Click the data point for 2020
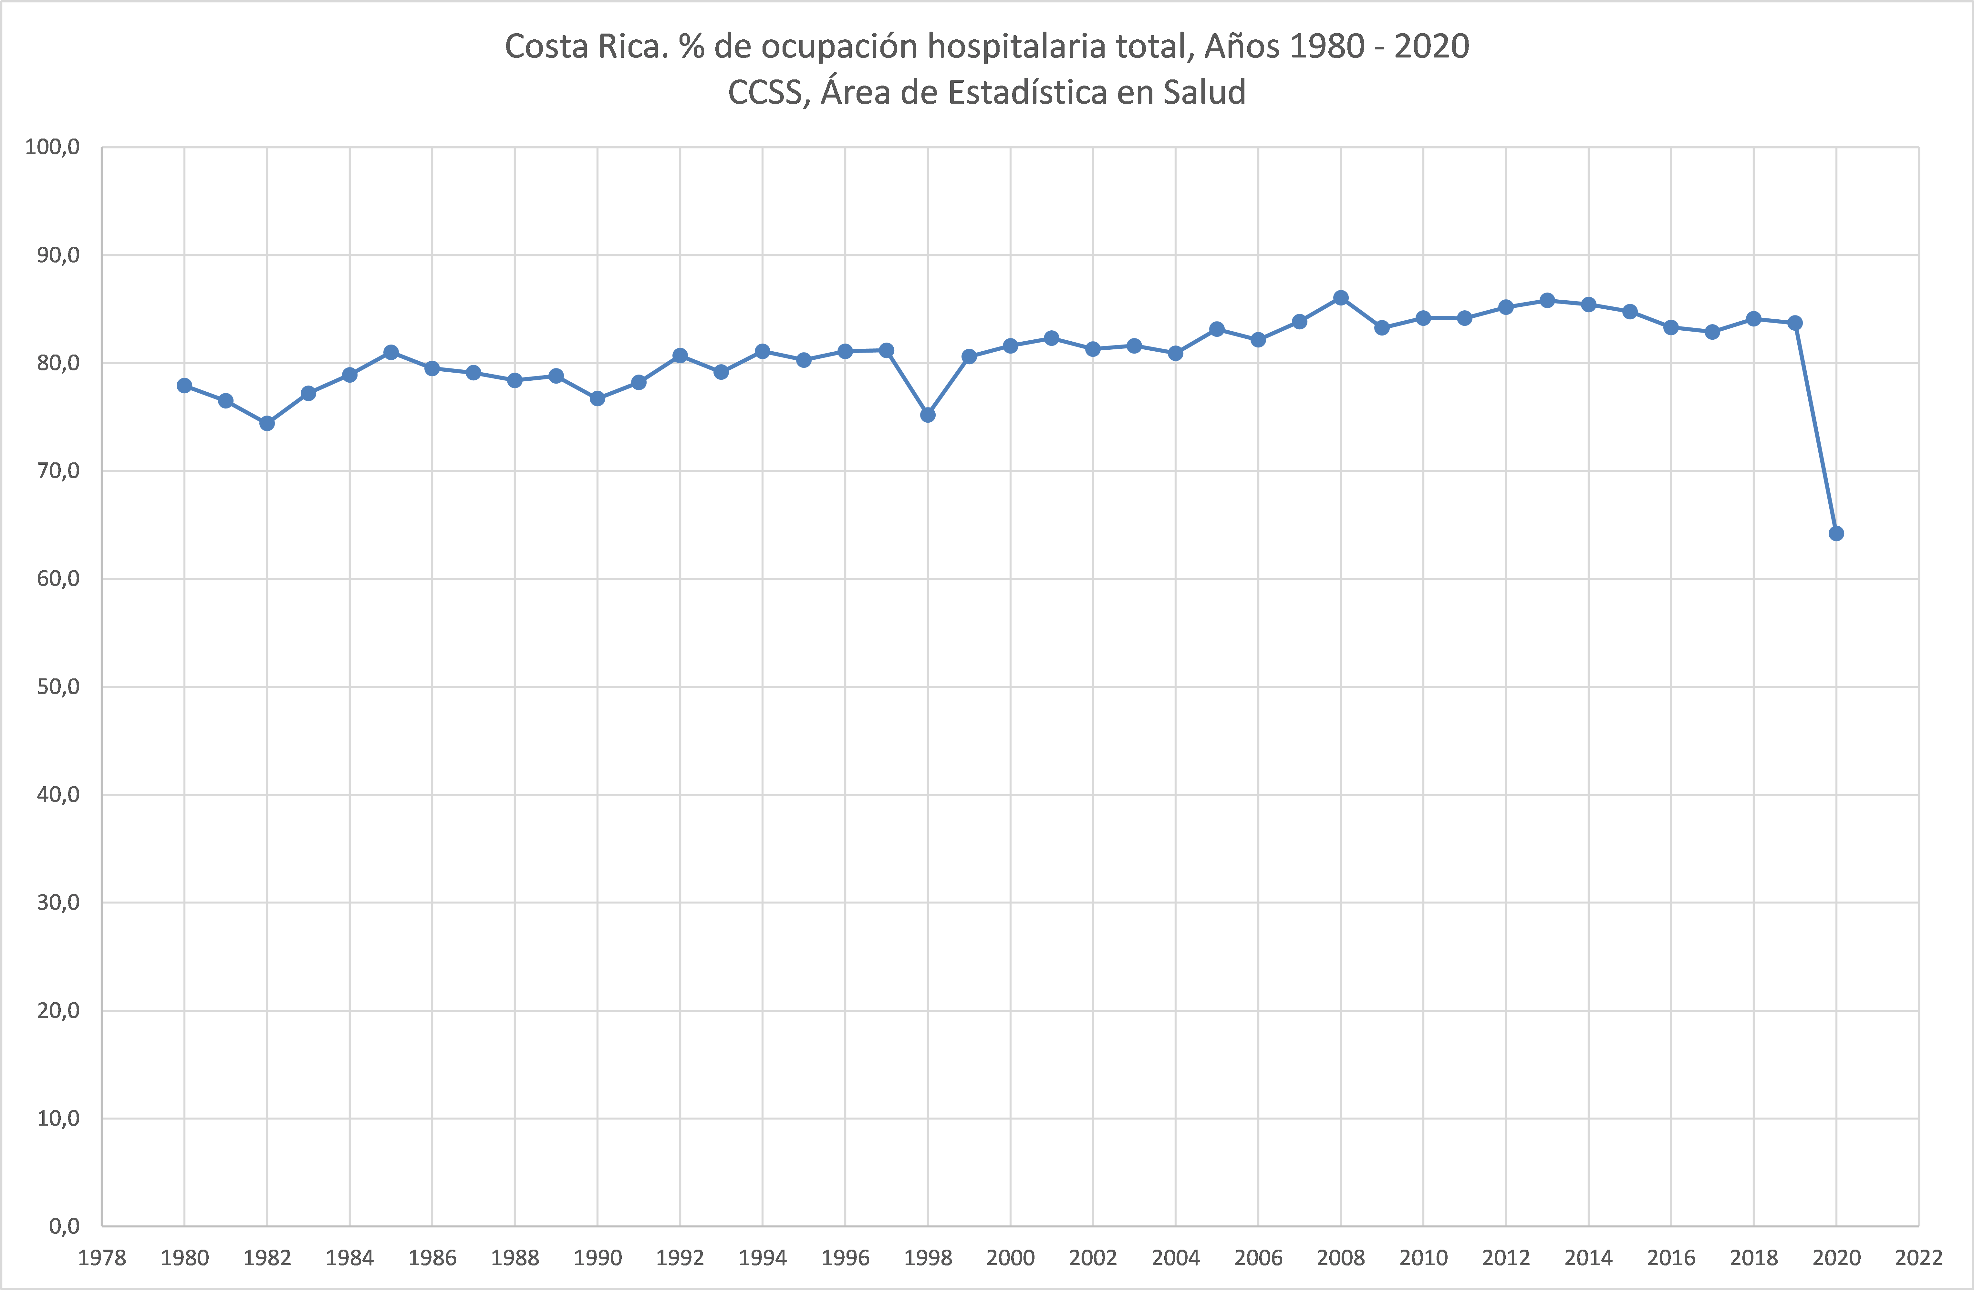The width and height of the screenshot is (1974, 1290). tap(1836, 533)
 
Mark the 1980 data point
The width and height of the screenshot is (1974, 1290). tap(184, 386)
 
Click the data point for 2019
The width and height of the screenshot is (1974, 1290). tap(1795, 323)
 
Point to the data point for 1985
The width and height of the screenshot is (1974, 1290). tap(391, 352)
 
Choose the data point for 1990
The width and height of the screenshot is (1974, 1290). tap(597, 399)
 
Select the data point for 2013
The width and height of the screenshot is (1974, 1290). tap(1547, 300)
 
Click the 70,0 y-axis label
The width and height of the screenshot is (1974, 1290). tap(58, 471)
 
